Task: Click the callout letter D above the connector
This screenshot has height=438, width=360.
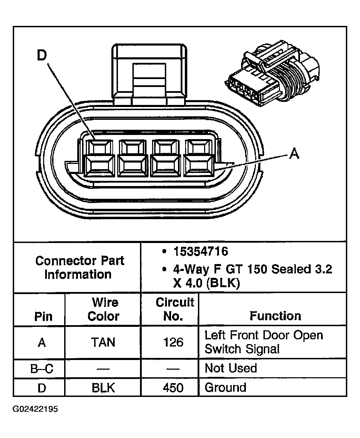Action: [42, 56]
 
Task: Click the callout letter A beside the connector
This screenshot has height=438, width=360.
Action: [294, 153]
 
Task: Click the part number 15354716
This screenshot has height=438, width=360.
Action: [200, 251]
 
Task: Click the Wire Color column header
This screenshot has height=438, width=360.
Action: [104, 309]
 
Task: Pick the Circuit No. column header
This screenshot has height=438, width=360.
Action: [174, 309]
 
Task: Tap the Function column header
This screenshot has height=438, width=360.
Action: [275, 316]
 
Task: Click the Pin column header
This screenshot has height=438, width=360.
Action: [43, 317]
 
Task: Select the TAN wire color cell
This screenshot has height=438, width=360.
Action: [103, 342]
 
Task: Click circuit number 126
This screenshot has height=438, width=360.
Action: [173, 342]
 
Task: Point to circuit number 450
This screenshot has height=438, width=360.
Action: [173, 388]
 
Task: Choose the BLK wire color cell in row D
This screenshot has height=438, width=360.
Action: [103, 388]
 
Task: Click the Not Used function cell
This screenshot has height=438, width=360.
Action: [231, 368]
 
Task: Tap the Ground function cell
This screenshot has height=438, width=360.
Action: [226, 388]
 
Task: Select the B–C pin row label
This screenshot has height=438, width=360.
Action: [42, 369]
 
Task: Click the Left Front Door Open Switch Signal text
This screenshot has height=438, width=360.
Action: [264, 342]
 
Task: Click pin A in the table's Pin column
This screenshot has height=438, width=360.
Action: [42, 342]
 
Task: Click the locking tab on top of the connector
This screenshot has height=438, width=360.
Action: [150, 72]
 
